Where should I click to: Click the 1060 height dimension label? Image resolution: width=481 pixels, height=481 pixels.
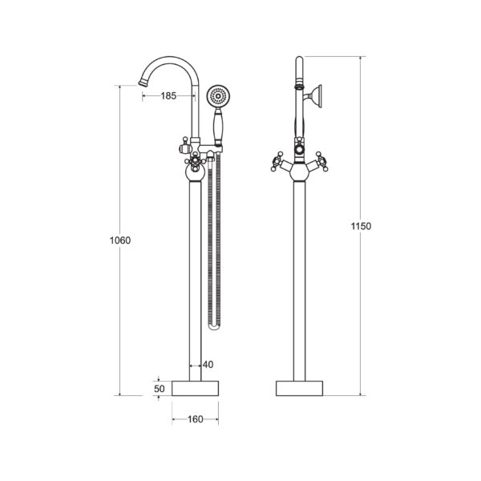pos(120,240)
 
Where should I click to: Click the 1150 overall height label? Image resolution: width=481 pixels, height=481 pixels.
pos(361,226)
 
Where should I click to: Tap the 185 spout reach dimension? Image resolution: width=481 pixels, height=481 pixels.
pos(168,96)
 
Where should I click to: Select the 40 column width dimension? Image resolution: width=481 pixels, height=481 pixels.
pos(208,365)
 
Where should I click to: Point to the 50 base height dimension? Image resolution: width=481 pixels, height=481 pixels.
pos(160,389)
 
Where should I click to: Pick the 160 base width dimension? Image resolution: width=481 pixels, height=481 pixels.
pos(196,419)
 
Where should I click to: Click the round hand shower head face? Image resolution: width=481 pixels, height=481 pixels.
pos(218,96)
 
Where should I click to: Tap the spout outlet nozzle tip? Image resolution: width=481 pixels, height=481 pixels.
pos(143,82)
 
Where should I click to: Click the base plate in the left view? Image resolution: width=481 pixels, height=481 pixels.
pos(195,388)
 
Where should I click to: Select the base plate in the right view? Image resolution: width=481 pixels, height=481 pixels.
pos(299,388)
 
